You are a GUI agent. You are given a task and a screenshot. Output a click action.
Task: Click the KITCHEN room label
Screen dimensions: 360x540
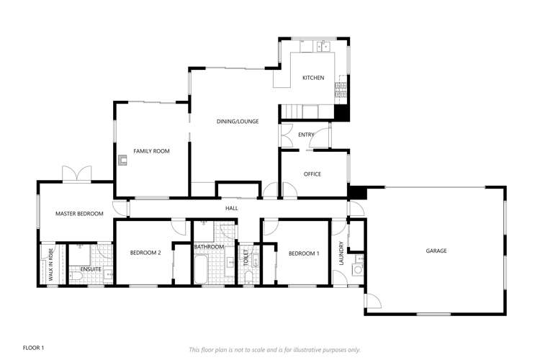click(313, 78)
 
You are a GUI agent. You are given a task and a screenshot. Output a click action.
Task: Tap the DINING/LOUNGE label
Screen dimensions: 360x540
click(237, 121)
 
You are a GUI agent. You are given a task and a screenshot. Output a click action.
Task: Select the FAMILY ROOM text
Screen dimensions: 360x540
click(151, 151)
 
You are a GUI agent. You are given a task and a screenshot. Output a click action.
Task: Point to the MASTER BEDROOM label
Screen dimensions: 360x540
click(80, 214)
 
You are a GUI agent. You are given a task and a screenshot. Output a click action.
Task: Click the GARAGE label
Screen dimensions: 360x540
click(436, 251)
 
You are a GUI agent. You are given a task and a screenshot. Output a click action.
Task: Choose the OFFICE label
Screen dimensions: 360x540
click(312, 174)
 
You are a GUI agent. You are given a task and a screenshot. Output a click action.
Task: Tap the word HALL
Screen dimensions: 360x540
click(231, 208)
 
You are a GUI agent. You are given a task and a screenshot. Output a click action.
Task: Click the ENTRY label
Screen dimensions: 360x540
click(306, 135)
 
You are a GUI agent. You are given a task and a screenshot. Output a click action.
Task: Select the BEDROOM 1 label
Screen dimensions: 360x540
click(303, 253)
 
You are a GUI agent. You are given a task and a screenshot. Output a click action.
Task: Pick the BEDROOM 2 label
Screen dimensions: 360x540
click(145, 253)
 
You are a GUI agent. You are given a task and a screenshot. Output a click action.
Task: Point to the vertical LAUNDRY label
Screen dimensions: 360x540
click(341, 253)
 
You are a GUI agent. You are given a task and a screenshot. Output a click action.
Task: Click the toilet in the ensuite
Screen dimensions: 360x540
click(75, 275)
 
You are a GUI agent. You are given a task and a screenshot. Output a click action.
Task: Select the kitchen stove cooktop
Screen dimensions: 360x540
click(340, 91)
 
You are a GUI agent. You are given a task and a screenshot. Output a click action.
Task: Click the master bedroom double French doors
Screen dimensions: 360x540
click(77, 174)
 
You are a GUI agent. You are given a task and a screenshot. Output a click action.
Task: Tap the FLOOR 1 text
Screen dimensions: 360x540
click(34, 348)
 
